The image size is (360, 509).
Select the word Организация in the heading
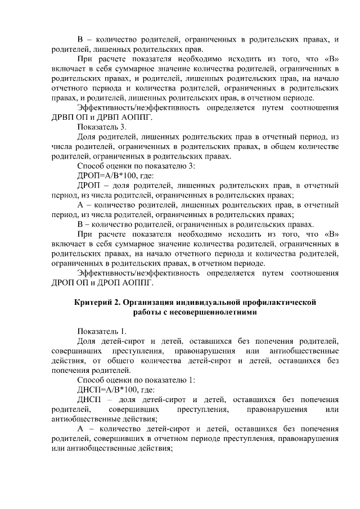(149, 303)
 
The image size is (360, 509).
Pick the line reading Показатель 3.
(98, 127)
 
